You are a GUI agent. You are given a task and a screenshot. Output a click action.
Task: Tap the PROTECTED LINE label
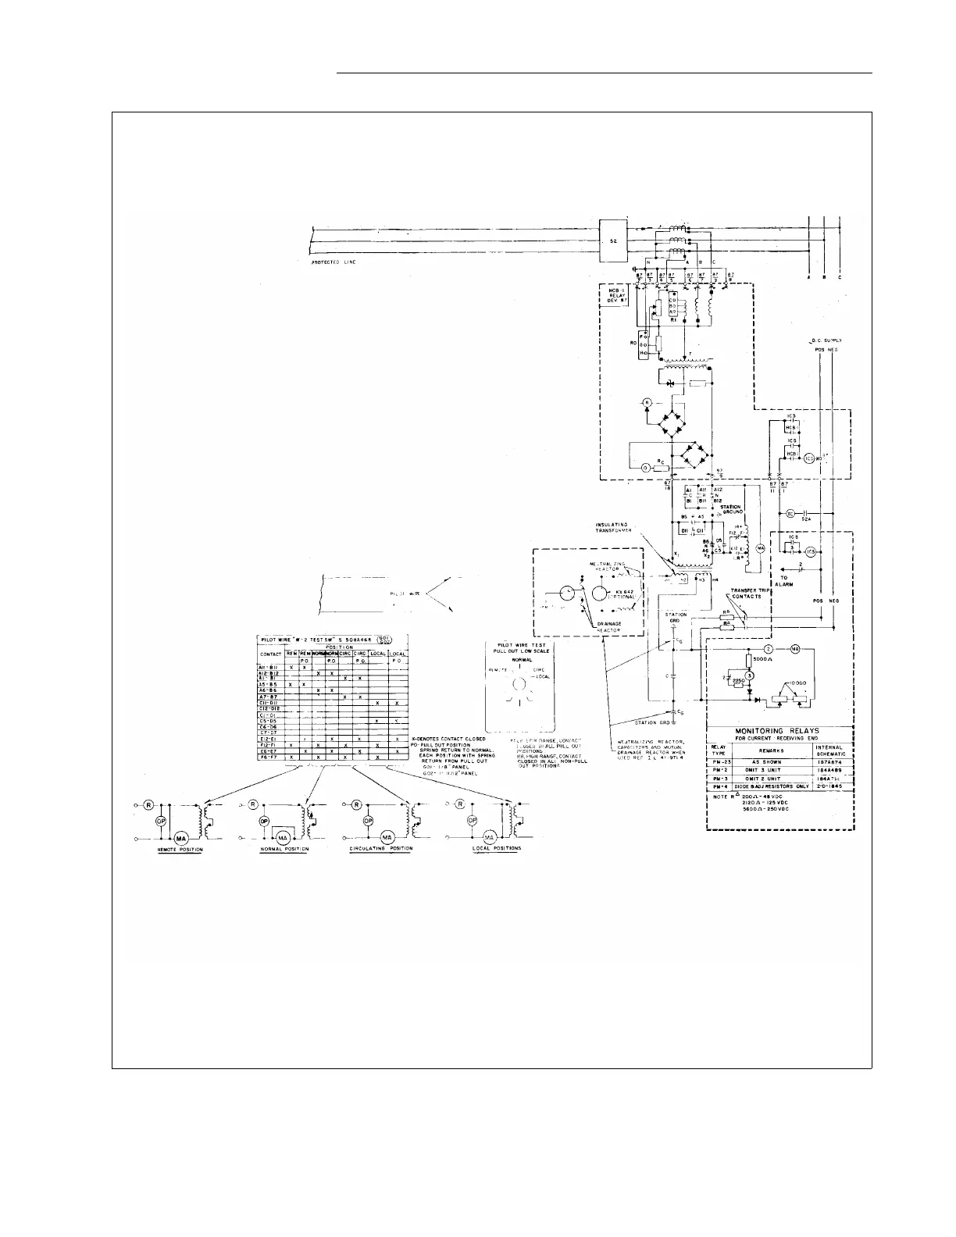click(x=329, y=262)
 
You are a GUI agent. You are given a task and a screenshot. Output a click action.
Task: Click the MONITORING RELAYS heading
click(x=778, y=730)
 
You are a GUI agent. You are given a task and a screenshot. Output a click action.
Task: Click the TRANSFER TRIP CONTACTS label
click(x=750, y=594)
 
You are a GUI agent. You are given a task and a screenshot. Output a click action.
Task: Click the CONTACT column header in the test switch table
click(x=270, y=653)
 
